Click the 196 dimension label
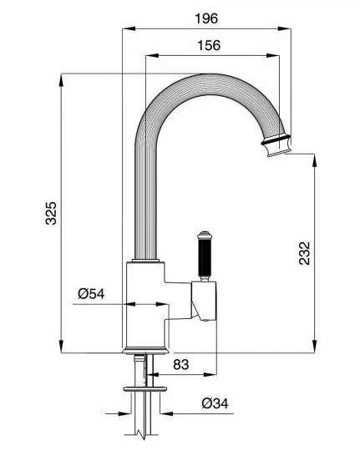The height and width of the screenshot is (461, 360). click(x=206, y=18)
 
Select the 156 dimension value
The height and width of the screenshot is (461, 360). click(x=209, y=45)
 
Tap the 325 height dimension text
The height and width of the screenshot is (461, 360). click(x=51, y=213)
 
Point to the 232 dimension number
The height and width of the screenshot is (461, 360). click(x=305, y=253)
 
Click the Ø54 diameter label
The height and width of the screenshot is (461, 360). click(x=91, y=293)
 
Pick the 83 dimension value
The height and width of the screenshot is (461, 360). click(x=181, y=365)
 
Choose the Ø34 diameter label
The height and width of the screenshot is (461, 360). click(x=215, y=403)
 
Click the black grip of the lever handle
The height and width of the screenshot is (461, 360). click(x=204, y=258)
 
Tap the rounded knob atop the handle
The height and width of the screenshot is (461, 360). click(x=204, y=235)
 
